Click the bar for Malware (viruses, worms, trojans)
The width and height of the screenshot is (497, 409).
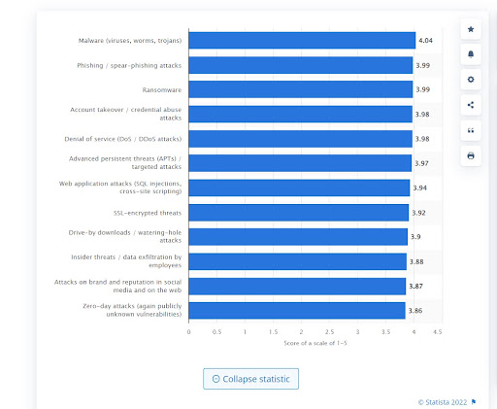coord(301,41)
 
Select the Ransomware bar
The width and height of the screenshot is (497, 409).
coord(300,89)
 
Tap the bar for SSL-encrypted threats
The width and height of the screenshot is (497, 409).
coord(298,212)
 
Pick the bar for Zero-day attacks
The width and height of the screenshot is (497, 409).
coord(296,310)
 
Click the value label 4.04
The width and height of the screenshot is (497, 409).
coord(425,41)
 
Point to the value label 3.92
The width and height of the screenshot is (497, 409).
coord(418,212)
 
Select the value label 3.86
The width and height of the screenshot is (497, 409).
coord(414,310)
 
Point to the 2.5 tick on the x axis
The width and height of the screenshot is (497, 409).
coord(329,332)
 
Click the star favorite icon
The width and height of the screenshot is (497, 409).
coord(471,30)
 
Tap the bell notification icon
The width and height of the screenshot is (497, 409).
coord(471,54)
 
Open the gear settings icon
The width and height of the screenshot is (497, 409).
coord(471,80)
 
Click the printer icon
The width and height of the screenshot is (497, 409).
coord(471,155)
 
